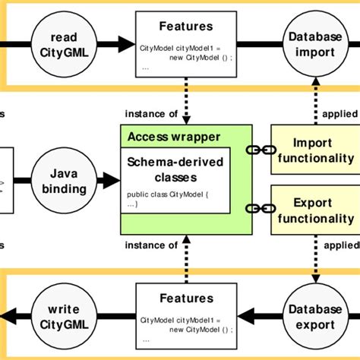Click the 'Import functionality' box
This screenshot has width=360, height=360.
click(x=314, y=150)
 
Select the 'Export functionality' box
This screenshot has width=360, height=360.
click(x=314, y=210)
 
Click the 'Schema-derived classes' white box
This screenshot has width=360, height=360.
click(x=177, y=185)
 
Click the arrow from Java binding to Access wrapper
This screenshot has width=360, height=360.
click(x=109, y=180)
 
